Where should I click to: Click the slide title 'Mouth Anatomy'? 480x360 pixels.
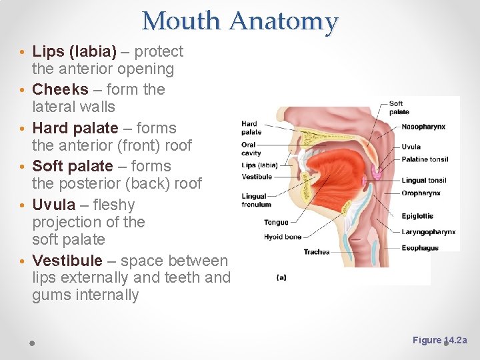(240, 21)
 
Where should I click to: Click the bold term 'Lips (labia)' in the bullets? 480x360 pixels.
(74, 51)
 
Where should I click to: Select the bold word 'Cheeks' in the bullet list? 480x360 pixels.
(60, 89)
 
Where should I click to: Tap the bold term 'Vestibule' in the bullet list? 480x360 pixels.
(67, 261)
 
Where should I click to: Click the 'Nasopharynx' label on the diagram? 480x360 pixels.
(423, 127)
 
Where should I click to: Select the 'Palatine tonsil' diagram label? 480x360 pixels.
(425, 159)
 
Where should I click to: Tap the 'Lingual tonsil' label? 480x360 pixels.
(424, 180)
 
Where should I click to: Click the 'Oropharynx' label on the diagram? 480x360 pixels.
(421, 193)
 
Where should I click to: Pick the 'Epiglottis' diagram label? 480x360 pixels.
(417, 216)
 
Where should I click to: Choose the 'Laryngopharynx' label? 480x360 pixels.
(429, 232)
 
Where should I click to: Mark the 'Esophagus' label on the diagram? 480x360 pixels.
(420, 248)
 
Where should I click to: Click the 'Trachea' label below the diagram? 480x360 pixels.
(316, 252)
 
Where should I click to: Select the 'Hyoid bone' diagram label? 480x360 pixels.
(283, 237)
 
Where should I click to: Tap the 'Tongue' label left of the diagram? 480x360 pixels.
(276, 222)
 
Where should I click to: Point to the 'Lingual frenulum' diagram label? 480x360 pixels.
(254, 200)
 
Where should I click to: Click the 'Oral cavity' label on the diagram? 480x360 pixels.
(251, 149)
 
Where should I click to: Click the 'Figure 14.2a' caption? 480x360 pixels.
(440, 340)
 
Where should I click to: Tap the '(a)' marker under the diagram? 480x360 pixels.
(281, 277)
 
